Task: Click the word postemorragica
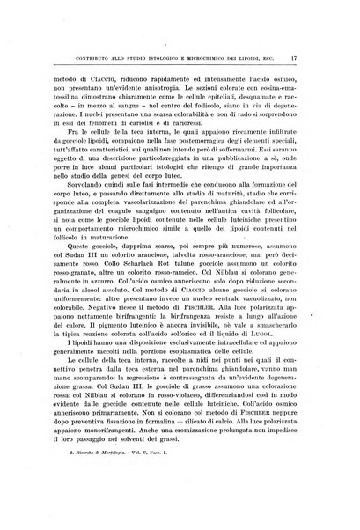point(179,144)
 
